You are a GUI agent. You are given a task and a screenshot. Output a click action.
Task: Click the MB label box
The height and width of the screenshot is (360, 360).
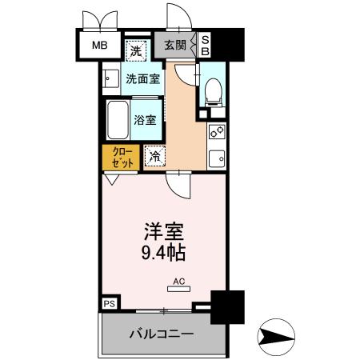(98, 45)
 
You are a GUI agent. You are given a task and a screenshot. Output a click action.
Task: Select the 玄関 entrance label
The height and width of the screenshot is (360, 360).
(175, 46)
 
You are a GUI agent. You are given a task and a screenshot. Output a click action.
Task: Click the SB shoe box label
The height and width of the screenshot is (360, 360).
(205, 45)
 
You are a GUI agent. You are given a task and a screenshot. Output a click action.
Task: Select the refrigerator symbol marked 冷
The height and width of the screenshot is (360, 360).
(154, 156)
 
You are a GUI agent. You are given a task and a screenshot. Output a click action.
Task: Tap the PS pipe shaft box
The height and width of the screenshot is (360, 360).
(108, 304)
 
